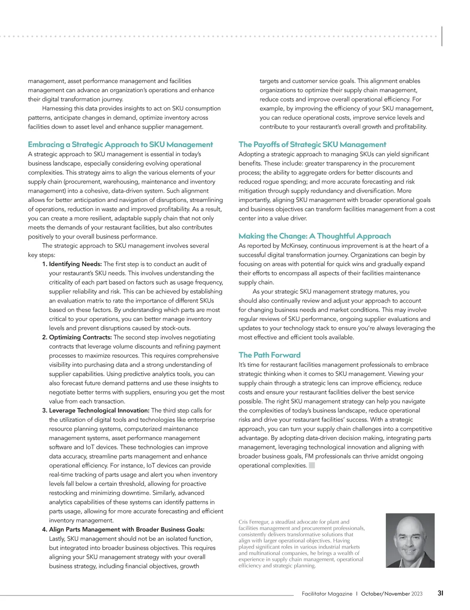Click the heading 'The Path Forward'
pyautogui.click(x=269, y=355)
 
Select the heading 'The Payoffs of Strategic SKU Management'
pyautogui.click(x=312, y=144)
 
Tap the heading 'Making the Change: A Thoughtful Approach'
pyautogui.click(x=315, y=236)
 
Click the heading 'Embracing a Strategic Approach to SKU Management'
pyautogui.click(x=120, y=144)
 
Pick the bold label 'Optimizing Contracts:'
pyautogui.click(x=80, y=337)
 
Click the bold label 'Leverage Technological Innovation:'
pyautogui.click(x=99, y=410)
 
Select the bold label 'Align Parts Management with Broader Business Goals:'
pyautogui.click(x=127, y=529)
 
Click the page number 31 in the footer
pyautogui.click(x=440, y=593)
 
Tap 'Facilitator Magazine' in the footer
pyautogui.click(x=327, y=594)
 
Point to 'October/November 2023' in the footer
pyautogui.click(x=392, y=594)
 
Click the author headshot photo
pyautogui.click(x=410, y=540)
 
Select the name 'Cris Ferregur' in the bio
pyautogui.click(x=253, y=522)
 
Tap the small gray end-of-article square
pyautogui.click(x=312, y=466)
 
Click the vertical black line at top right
pyautogui.click(x=442, y=36)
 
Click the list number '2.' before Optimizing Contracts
pyautogui.click(x=45, y=337)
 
